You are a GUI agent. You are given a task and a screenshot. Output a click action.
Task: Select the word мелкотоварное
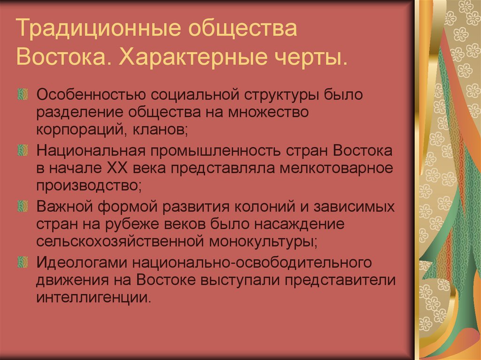click(338, 169)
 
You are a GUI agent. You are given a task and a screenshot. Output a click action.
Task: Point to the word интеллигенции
click(93, 297)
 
